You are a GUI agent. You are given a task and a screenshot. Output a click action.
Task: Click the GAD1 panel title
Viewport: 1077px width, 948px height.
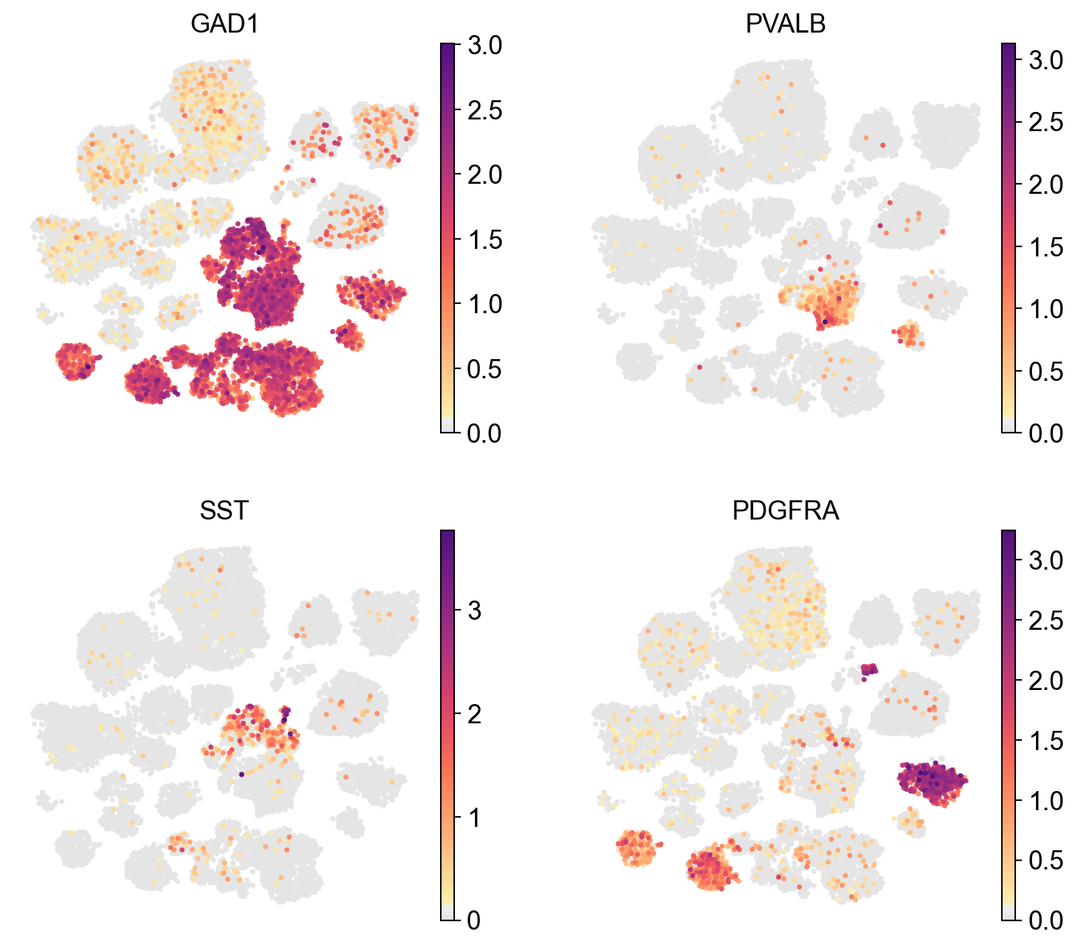224,24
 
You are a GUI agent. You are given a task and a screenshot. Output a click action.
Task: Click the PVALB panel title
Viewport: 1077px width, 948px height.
785,24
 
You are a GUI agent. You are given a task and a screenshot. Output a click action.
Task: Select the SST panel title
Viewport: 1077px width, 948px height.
224,510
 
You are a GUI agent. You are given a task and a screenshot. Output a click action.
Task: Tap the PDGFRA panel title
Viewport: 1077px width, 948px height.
785,510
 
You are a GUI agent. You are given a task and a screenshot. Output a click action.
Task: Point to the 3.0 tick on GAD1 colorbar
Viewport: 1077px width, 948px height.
484,45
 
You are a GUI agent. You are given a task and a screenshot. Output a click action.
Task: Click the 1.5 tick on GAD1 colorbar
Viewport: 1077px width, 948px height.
484,240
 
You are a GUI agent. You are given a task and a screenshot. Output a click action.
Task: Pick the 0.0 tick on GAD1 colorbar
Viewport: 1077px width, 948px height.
484,433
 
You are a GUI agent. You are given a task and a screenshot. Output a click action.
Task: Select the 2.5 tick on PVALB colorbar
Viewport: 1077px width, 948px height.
1045,122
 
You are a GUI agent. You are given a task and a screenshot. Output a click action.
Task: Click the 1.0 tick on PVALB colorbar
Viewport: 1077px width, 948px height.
1045,308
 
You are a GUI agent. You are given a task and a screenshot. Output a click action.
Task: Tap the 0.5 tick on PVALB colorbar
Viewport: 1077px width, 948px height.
1045,371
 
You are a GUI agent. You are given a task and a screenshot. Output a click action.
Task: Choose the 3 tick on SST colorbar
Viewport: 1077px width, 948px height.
473,610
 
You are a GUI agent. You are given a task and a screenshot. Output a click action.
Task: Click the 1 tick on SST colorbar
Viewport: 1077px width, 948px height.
473,817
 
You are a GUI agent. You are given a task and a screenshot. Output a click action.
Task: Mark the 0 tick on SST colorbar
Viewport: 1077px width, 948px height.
473,920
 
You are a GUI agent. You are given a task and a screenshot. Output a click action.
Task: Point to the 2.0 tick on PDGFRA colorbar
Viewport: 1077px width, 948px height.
1045,680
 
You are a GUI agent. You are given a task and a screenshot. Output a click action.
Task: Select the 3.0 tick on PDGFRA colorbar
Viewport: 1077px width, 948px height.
1045,560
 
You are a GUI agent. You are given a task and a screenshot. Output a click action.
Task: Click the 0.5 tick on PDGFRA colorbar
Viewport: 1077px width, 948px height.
1045,860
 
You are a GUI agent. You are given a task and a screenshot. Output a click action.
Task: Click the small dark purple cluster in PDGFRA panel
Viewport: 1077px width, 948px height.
869,669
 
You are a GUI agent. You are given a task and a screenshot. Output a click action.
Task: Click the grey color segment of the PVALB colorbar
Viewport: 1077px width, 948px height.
1009,426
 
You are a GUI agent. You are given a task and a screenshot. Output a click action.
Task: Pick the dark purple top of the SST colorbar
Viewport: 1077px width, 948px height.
447,537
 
